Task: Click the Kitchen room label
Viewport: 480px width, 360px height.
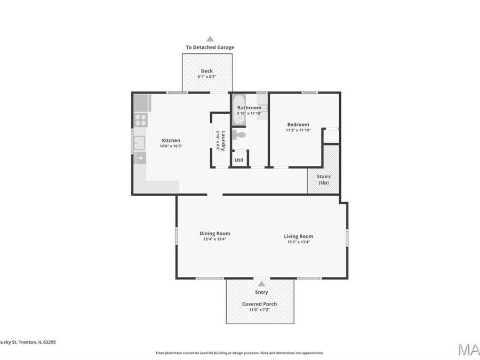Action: point(171,140)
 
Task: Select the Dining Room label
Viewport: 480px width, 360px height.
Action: point(215,233)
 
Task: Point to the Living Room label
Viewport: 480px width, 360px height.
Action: point(298,236)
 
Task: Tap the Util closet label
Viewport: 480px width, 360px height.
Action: point(239,159)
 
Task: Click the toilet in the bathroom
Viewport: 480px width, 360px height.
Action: point(239,134)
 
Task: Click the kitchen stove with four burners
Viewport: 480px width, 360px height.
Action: point(141,119)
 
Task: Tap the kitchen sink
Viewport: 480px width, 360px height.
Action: point(140,142)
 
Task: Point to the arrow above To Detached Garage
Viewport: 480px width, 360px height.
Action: point(210,39)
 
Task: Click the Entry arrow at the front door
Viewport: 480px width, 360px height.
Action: point(261,284)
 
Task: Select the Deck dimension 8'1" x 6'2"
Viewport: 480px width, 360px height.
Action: point(206,77)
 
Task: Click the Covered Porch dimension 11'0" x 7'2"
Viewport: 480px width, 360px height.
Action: point(259,310)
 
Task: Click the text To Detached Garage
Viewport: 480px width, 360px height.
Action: point(210,47)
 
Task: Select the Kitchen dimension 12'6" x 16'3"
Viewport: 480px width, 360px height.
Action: point(171,146)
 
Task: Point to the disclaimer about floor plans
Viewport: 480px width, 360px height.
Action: point(239,353)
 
